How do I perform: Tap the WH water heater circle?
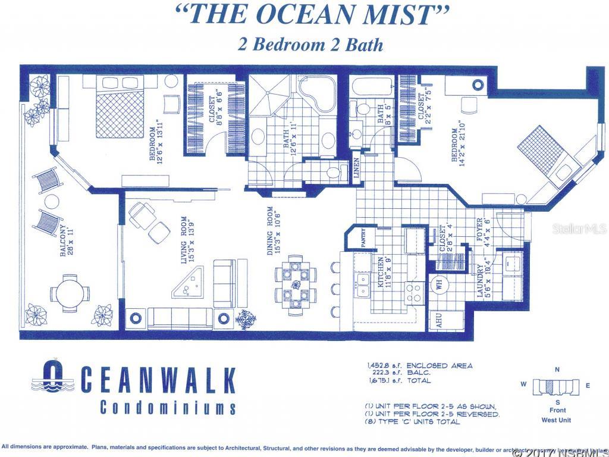[x=440, y=284]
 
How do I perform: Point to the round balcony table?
[x=70, y=293]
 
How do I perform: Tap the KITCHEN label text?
[x=382, y=272]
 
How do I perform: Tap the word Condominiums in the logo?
[x=168, y=408]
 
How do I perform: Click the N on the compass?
[x=557, y=370]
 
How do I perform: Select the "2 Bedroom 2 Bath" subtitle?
[x=310, y=45]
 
